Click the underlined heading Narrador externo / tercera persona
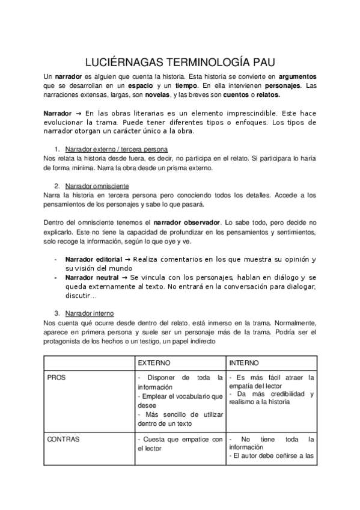(x=116, y=149)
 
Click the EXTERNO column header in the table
(x=154, y=363)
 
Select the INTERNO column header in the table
(x=244, y=363)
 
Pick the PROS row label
(x=56, y=378)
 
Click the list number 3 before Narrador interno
(x=57, y=313)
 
